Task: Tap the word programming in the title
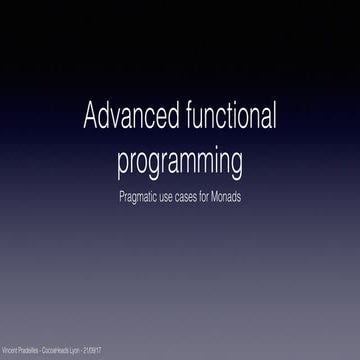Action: coord(180,159)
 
